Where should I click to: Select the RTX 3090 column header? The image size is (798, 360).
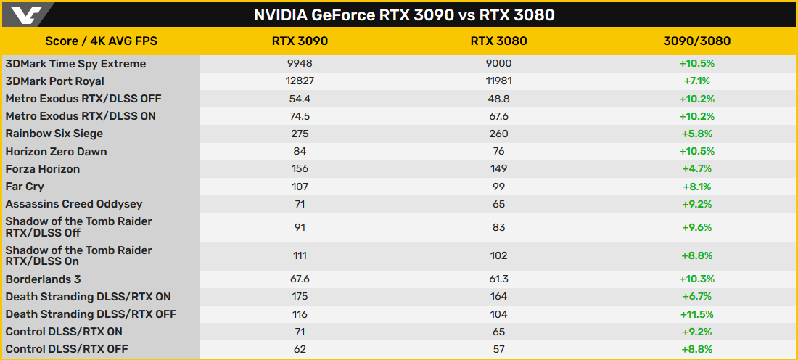point(300,41)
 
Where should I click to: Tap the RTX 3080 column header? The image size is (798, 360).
point(498,41)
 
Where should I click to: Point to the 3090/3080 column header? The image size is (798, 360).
point(696,41)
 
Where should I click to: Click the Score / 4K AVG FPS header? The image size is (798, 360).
point(102,41)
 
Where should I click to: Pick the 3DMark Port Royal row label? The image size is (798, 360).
point(55,81)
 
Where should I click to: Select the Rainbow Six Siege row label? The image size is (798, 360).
point(54,134)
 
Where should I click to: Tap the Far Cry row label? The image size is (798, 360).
point(25,187)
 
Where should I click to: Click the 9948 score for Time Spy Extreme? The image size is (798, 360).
point(300,64)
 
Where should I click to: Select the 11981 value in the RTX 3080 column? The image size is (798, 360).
point(498,81)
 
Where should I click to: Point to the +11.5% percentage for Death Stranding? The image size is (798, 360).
point(696,314)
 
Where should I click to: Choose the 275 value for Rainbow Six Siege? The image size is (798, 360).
point(300,134)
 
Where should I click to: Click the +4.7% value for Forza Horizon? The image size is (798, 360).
point(696,169)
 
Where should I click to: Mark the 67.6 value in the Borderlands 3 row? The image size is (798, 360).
point(300,279)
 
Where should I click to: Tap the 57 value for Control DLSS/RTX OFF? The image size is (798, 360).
point(498,349)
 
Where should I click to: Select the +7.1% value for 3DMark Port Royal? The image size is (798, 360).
point(696,81)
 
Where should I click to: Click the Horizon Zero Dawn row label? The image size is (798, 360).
point(57,152)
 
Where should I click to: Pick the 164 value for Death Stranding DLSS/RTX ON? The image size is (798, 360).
point(498,297)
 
